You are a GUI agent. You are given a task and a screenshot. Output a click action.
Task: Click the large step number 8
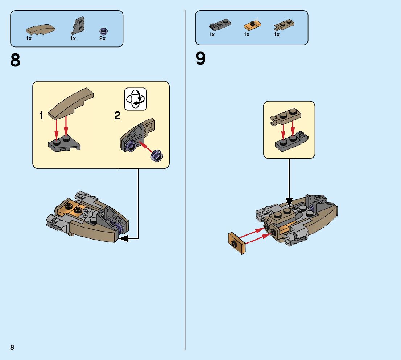[x=15, y=60]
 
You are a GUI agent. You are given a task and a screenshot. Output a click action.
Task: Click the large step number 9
[x=200, y=58]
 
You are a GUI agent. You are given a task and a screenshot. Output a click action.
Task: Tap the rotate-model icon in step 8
[x=136, y=99]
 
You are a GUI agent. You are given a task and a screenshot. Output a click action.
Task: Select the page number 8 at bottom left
[x=12, y=347]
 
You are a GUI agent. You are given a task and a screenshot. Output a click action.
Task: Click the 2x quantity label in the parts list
[x=102, y=38]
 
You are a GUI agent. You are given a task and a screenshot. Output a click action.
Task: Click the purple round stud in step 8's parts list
[x=103, y=31]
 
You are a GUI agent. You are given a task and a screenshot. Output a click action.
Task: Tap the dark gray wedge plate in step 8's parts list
[x=78, y=26]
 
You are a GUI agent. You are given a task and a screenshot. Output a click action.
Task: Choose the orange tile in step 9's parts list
[x=252, y=25]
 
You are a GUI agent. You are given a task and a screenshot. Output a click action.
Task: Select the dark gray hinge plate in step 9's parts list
[x=220, y=24]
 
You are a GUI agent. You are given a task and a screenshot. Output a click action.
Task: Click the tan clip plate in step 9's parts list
[x=284, y=25]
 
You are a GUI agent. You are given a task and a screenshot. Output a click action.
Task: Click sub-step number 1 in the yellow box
[x=41, y=115]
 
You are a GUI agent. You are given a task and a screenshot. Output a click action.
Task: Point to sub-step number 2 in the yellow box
[x=117, y=115]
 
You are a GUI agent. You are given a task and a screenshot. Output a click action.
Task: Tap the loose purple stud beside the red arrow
[x=157, y=155]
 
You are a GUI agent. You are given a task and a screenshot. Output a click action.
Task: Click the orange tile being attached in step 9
[x=237, y=243]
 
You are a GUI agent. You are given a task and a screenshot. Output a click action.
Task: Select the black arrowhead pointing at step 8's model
[x=124, y=239]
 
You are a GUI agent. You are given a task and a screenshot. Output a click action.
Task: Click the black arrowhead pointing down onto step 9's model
[x=289, y=202]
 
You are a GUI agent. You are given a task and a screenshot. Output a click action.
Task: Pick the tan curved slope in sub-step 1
[x=71, y=103]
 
